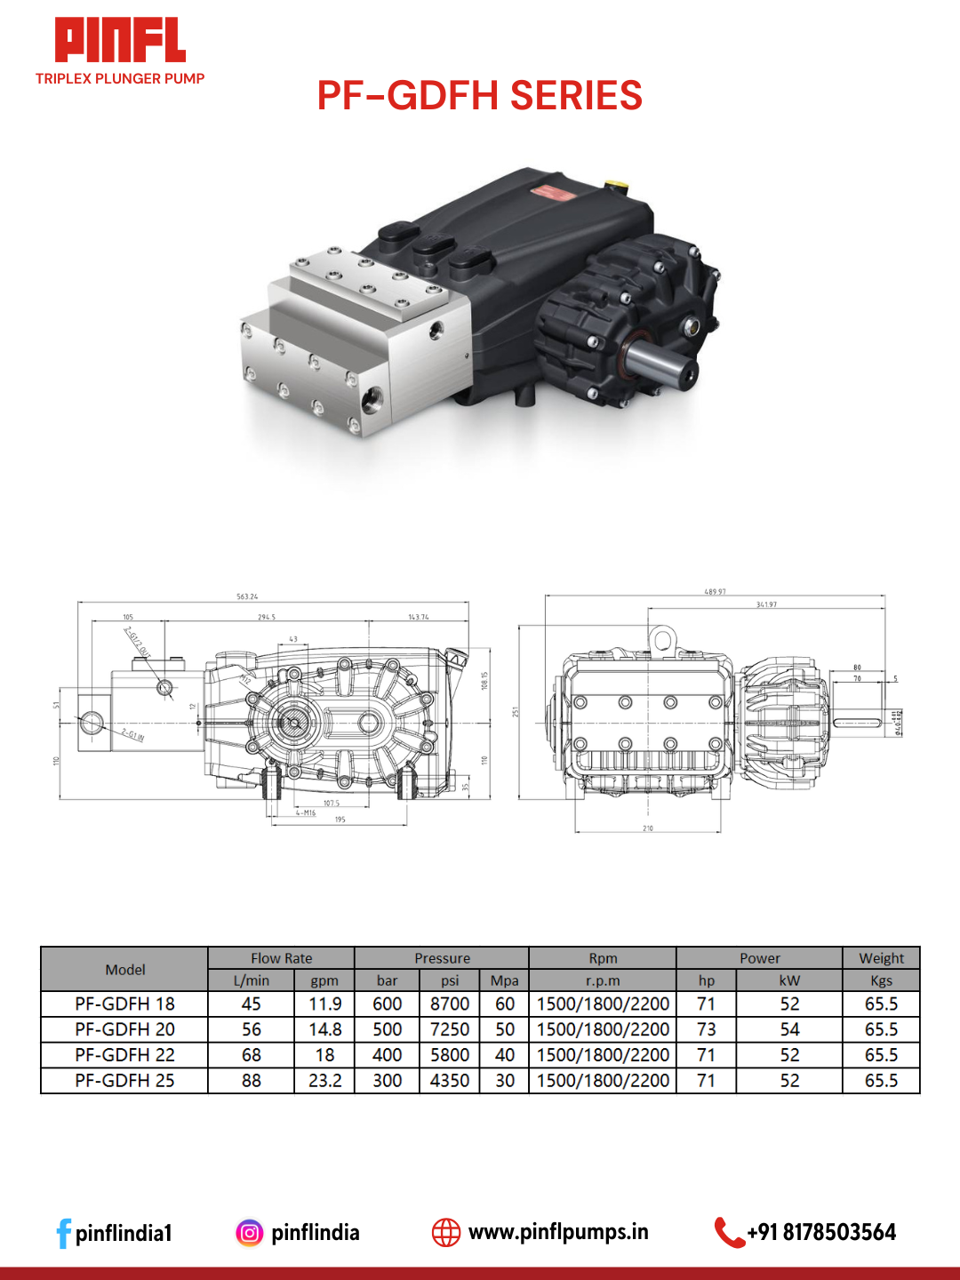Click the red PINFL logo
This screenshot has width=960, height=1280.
(120, 41)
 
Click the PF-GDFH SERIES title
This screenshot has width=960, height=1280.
(479, 96)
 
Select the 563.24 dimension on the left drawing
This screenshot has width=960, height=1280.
(247, 596)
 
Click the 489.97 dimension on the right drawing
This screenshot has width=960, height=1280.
(715, 591)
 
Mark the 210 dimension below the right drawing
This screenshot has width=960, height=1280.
(648, 828)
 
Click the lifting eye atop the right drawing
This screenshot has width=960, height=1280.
(661, 638)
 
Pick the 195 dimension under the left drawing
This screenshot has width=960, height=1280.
(340, 820)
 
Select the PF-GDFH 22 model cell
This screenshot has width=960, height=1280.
(124, 1055)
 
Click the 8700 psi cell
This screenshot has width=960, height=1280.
(450, 1004)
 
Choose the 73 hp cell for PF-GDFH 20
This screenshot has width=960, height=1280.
(706, 1029)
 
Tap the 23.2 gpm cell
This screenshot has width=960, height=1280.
(324, 1081)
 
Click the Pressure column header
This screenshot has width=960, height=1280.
(442, 958)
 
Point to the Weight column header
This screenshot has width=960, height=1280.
(881, 958)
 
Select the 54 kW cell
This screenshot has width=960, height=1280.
(789, 1029)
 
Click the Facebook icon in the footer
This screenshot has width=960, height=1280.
(63, 1233)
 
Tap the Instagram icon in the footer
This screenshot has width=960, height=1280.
(250, 1233)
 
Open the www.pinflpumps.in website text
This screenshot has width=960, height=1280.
(558, 1232)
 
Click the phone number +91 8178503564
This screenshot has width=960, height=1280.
(821, 1232)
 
